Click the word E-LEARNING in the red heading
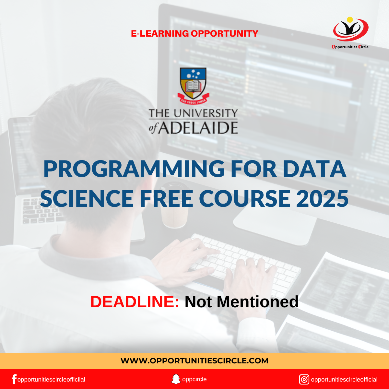[x=160, y=33]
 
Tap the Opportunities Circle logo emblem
[x=351, y=29]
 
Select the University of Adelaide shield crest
[x=193, y=86]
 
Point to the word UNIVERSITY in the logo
[x=206, y=113]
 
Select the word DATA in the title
[x=314, y=169]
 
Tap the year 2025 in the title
[x=322, y=198]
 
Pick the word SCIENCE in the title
[x=87, y=198]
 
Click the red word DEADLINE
[x=135, y=302]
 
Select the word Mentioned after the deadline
[x=257, y=302]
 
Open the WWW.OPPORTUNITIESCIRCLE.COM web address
[x=194, y=360]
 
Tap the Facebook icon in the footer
[x=14, y=379]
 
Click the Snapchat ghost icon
[x=176, y=379]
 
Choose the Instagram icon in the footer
[x=304, y=380]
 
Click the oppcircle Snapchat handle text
[x=194, y=379]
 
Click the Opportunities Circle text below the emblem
[x=350, y=47]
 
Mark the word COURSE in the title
[x=244, y=198]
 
